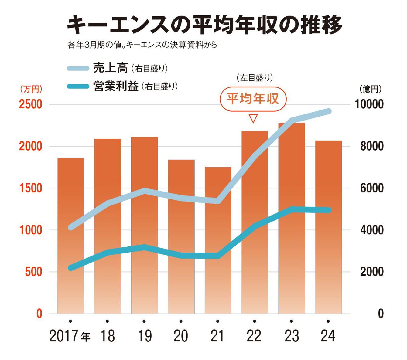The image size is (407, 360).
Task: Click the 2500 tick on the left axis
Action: [31, 104]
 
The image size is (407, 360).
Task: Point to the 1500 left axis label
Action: [31, 188]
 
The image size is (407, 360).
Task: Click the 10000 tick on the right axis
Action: [369, 104]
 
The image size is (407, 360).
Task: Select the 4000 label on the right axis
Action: [372, 230]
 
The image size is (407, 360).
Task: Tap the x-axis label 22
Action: [254, 336]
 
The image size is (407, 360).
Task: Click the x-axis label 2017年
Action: [70, 336]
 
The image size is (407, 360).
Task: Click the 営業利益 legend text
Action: [116, 87]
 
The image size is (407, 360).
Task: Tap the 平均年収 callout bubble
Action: [253, 99]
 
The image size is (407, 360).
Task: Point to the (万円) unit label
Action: [31, 89]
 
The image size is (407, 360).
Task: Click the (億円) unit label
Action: [370, 89]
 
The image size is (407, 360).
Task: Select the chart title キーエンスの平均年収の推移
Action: [204, 25]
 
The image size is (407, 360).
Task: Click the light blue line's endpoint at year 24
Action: [328, 111]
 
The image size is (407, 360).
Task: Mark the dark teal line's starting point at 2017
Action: [71, 268]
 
